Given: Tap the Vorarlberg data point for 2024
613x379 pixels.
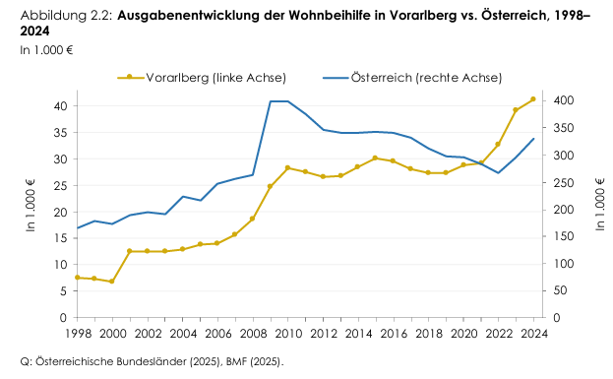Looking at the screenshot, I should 533,98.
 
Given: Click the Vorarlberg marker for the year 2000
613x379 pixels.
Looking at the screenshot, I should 112,282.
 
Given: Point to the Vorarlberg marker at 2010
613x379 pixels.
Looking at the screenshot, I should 287,168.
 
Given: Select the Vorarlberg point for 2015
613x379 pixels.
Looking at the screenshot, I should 375,158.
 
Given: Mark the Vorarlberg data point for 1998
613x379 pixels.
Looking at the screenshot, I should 77,278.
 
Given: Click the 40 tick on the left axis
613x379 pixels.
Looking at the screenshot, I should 59,106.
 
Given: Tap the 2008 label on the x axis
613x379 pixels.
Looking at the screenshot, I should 252,334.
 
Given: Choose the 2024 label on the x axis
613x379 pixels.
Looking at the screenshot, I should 532,334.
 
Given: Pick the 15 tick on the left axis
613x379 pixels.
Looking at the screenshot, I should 59,238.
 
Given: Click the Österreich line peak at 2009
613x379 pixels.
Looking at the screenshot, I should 271,101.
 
